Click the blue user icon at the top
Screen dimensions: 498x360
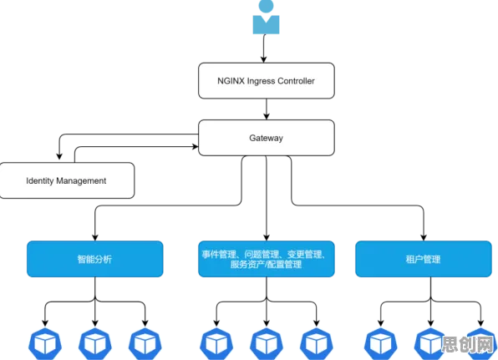tap(266, 17)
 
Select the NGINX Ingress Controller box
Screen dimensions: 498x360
tap(267, 81)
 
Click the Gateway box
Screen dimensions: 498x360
tap(267, 138)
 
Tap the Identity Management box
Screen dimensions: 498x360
tap(66, 180)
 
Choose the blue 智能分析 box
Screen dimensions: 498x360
tap(95, 259)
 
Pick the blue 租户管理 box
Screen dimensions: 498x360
tap(424, 259)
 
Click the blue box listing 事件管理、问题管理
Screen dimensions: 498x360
tap(267, 259)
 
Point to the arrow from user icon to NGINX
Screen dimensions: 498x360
tap(263, 48)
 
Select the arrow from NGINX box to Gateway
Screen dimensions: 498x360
tap(267, 109)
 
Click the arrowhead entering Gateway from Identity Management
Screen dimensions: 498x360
tap(195, 147)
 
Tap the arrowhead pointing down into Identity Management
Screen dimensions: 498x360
tap(59, 156)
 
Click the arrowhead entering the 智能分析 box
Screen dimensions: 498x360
tap(95, 237)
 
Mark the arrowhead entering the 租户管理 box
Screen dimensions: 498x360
tap(424, 237)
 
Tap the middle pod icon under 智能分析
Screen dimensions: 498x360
tap(95, 344)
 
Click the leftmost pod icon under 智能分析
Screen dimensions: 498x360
tap(45, 344)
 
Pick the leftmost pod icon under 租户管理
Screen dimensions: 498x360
tap(380, 344)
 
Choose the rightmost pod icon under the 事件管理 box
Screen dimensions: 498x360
tap(317, 344)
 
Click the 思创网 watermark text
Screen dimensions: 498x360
tap(469, 344)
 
